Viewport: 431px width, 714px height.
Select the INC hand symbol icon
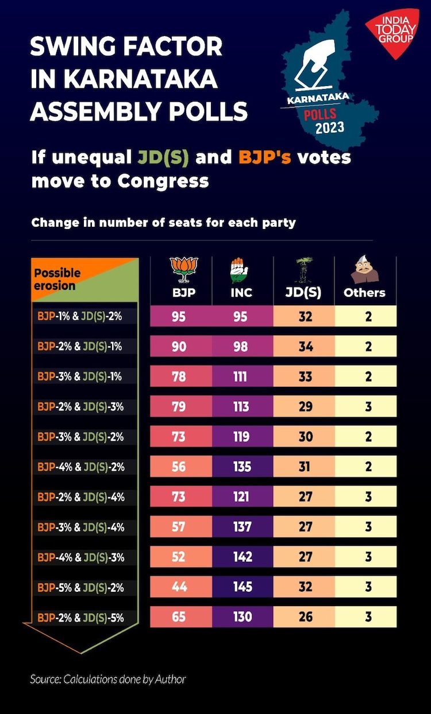click(x=241, y=270)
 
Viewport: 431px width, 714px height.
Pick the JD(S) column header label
click(x=303, y=293)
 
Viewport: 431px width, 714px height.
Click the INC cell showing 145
click(x=242, y=587)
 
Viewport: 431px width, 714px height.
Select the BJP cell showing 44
click(x=179, y=587)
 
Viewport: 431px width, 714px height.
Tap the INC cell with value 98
click(x=242, y=347)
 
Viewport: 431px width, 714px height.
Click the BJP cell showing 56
click(x=179, y=467)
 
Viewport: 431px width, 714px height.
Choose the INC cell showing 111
click(x=242, y=377)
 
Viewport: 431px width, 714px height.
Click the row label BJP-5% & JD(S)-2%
click(x=80, y=588)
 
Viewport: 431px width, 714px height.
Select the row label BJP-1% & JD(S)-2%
click(x=80, y=317)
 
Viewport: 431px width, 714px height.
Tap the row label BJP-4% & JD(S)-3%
click(x=80, y=557)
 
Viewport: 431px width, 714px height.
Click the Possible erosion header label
click(x=57, y=279)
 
